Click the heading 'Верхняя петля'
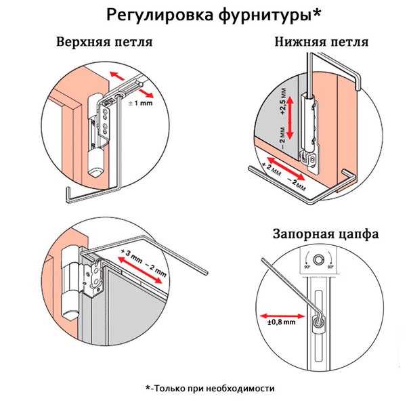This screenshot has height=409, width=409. [104, 43]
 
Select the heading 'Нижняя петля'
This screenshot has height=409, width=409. [322, 43]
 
